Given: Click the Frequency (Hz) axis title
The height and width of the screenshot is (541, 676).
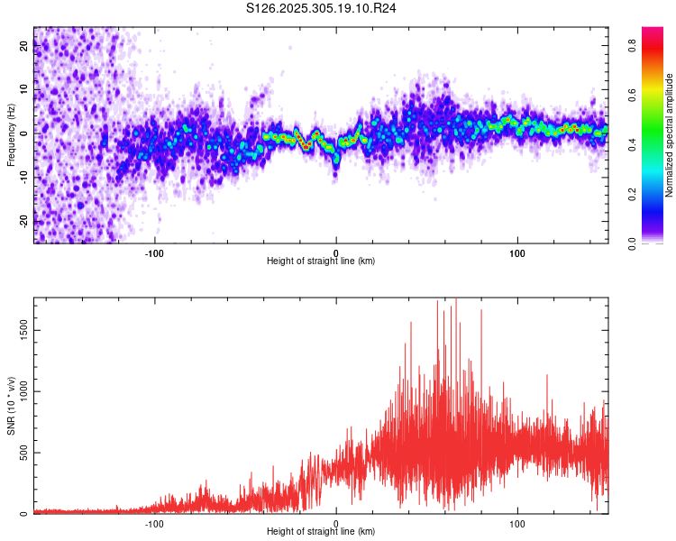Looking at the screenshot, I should click(x=11, y=136).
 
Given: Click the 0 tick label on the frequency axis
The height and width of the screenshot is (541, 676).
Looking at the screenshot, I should click(x=24, y=133).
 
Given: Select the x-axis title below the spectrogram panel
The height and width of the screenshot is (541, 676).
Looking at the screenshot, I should click(x=321, y=261).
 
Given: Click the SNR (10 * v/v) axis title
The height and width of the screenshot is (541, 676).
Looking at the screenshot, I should click(x=11, y=406).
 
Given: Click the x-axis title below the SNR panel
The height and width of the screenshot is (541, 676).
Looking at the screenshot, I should click(x=321, y=532).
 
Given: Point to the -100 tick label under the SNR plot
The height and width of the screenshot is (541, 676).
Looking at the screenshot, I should click(x=154, y=524).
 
